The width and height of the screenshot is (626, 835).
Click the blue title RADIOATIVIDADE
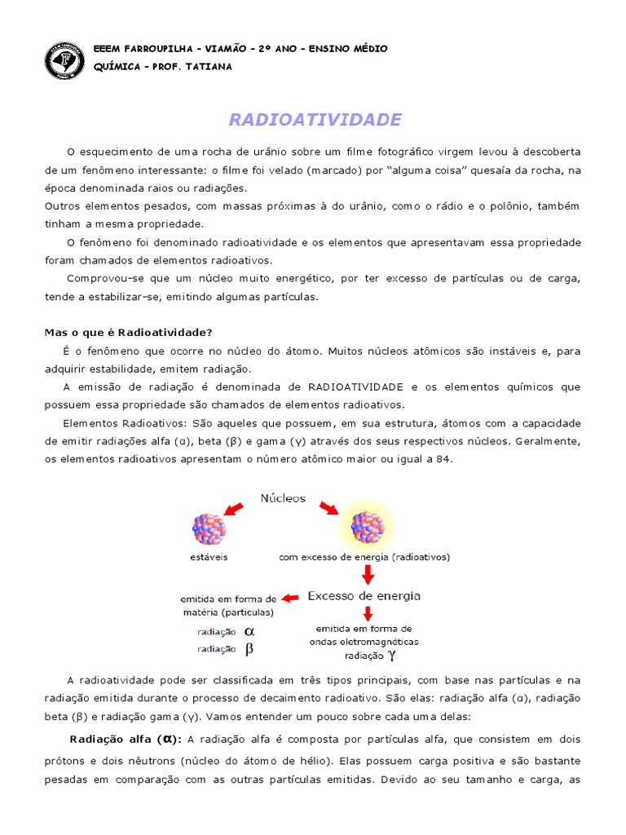click(315, 120)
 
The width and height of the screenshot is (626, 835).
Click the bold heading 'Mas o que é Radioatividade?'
click(128, 332)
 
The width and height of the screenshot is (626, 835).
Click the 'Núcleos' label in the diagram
click(283, 497)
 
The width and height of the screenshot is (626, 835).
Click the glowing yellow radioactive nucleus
click(366, 528)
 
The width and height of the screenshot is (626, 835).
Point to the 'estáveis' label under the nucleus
click(208, 559)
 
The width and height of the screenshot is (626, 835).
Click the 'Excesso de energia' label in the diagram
click(364, 596)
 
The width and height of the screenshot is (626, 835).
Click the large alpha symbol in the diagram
click(250, 630)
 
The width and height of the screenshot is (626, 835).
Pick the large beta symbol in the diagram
click(250, 649)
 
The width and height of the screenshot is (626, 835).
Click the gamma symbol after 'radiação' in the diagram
click(391, 654)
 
